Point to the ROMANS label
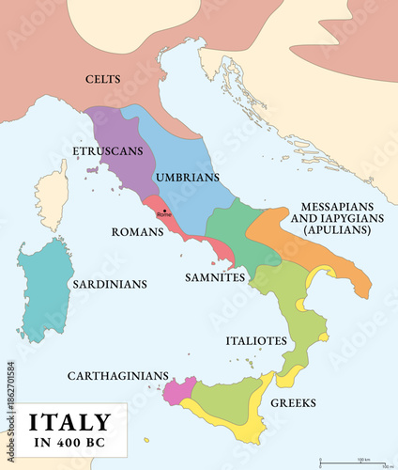click(137, 230)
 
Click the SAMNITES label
click(215, 277)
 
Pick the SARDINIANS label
click(110, 281)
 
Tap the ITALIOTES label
click(255, 340)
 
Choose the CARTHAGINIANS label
click(117, 375)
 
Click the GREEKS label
click(293, 403)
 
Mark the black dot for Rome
click(165, 211)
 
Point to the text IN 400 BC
click(69, 444)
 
